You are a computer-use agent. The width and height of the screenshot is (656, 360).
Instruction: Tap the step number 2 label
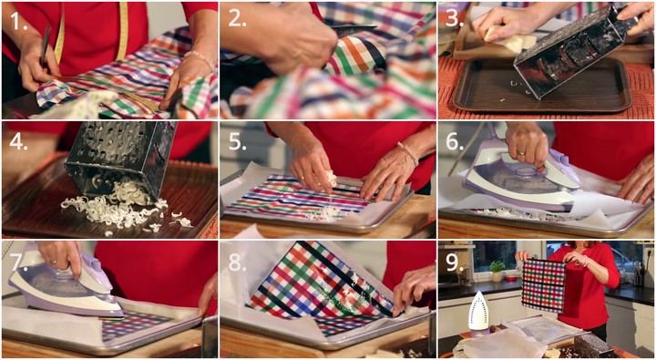pyautogui.click(x=238, y=19)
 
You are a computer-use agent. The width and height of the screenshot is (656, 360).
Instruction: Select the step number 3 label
pyautogui.click(x=455, y=19)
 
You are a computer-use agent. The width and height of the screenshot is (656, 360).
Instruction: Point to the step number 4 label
pyautogui.click(x=18, y=141)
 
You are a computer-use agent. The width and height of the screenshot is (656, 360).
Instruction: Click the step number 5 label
pyautogui.click(x=237, y=142)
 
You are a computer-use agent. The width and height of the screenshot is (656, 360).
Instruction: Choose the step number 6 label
pyautogui.click(x=455, y=142)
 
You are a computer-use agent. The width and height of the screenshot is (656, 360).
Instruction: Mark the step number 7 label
pyautogui.click(x=18, y=262)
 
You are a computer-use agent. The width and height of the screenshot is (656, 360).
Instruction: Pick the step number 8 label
pyautogui.click(x=237, y=262)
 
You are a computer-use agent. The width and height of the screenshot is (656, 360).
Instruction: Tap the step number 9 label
pyautogui.click(x=455, y=262)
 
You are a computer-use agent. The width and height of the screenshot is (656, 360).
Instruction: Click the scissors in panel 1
pyautogui.click(x=46, y=46)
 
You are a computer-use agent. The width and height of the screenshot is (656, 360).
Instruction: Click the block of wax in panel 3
pyautogui.click(x=507, y=38)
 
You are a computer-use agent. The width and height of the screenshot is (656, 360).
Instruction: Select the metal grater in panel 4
pyautogui.click(x=119, y=159)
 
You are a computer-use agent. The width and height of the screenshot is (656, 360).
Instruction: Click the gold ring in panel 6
pyautogui.click(x=521, y=154)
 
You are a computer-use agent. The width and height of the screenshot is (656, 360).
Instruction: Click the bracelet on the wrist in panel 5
pyautogui.click(x=408, y=153)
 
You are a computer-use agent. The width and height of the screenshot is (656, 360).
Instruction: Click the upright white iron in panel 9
pyautogui.click(x=478, y=312)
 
